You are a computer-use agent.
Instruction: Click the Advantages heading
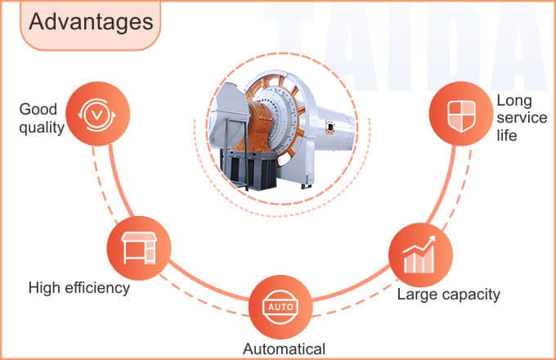tap(91, 21)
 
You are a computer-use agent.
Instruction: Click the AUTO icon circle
tap(280, 307)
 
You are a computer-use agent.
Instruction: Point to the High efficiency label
tap(79, 287)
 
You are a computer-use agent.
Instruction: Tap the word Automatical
tap(284, 348)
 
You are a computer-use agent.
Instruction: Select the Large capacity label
tap(448, 294)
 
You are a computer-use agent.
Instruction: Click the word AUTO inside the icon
tap(280, 308)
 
